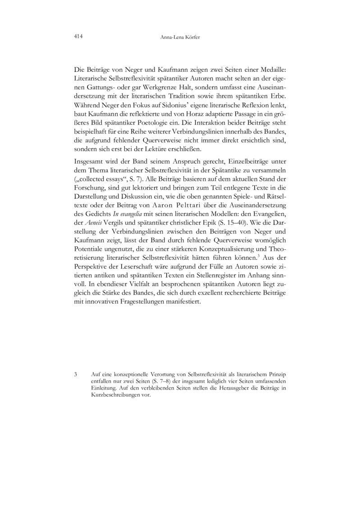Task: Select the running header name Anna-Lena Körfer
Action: point(180,37)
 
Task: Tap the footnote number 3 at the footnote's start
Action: point(75,375)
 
